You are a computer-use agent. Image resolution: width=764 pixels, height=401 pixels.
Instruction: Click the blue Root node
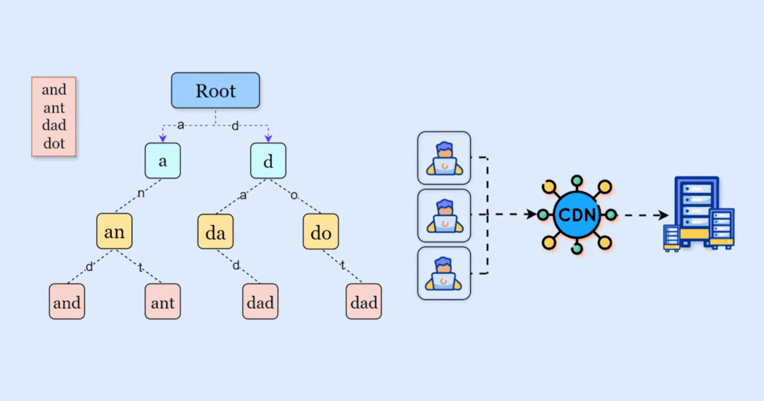(215, 90)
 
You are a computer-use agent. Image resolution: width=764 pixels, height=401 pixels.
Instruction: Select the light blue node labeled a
(162, 161)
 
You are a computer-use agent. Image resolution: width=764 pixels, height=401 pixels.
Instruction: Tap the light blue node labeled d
(268, 161)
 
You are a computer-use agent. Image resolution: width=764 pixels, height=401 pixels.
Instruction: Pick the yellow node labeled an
(115, 232)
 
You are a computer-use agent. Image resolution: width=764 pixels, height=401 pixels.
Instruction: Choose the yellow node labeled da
(215, 232)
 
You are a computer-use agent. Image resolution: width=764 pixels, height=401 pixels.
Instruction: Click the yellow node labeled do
(321, 232)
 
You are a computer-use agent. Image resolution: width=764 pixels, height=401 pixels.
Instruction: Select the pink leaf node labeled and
(67, 302)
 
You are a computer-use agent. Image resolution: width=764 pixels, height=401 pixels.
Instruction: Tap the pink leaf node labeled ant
(163, 302)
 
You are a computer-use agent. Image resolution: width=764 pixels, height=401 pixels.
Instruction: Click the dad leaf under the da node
(260, 302)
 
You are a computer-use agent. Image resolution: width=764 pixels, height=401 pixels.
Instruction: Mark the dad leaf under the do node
(364, 302)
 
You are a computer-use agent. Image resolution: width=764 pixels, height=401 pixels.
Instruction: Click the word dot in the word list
(54, 143)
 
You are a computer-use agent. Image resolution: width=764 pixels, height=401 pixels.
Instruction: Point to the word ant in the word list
(54, 108)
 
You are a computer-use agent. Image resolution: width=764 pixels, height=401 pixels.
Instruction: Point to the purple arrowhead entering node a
(163, 138)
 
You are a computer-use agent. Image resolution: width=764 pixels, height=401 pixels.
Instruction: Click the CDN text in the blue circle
(576, 215)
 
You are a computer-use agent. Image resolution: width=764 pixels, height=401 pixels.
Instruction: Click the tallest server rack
(697, 210)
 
